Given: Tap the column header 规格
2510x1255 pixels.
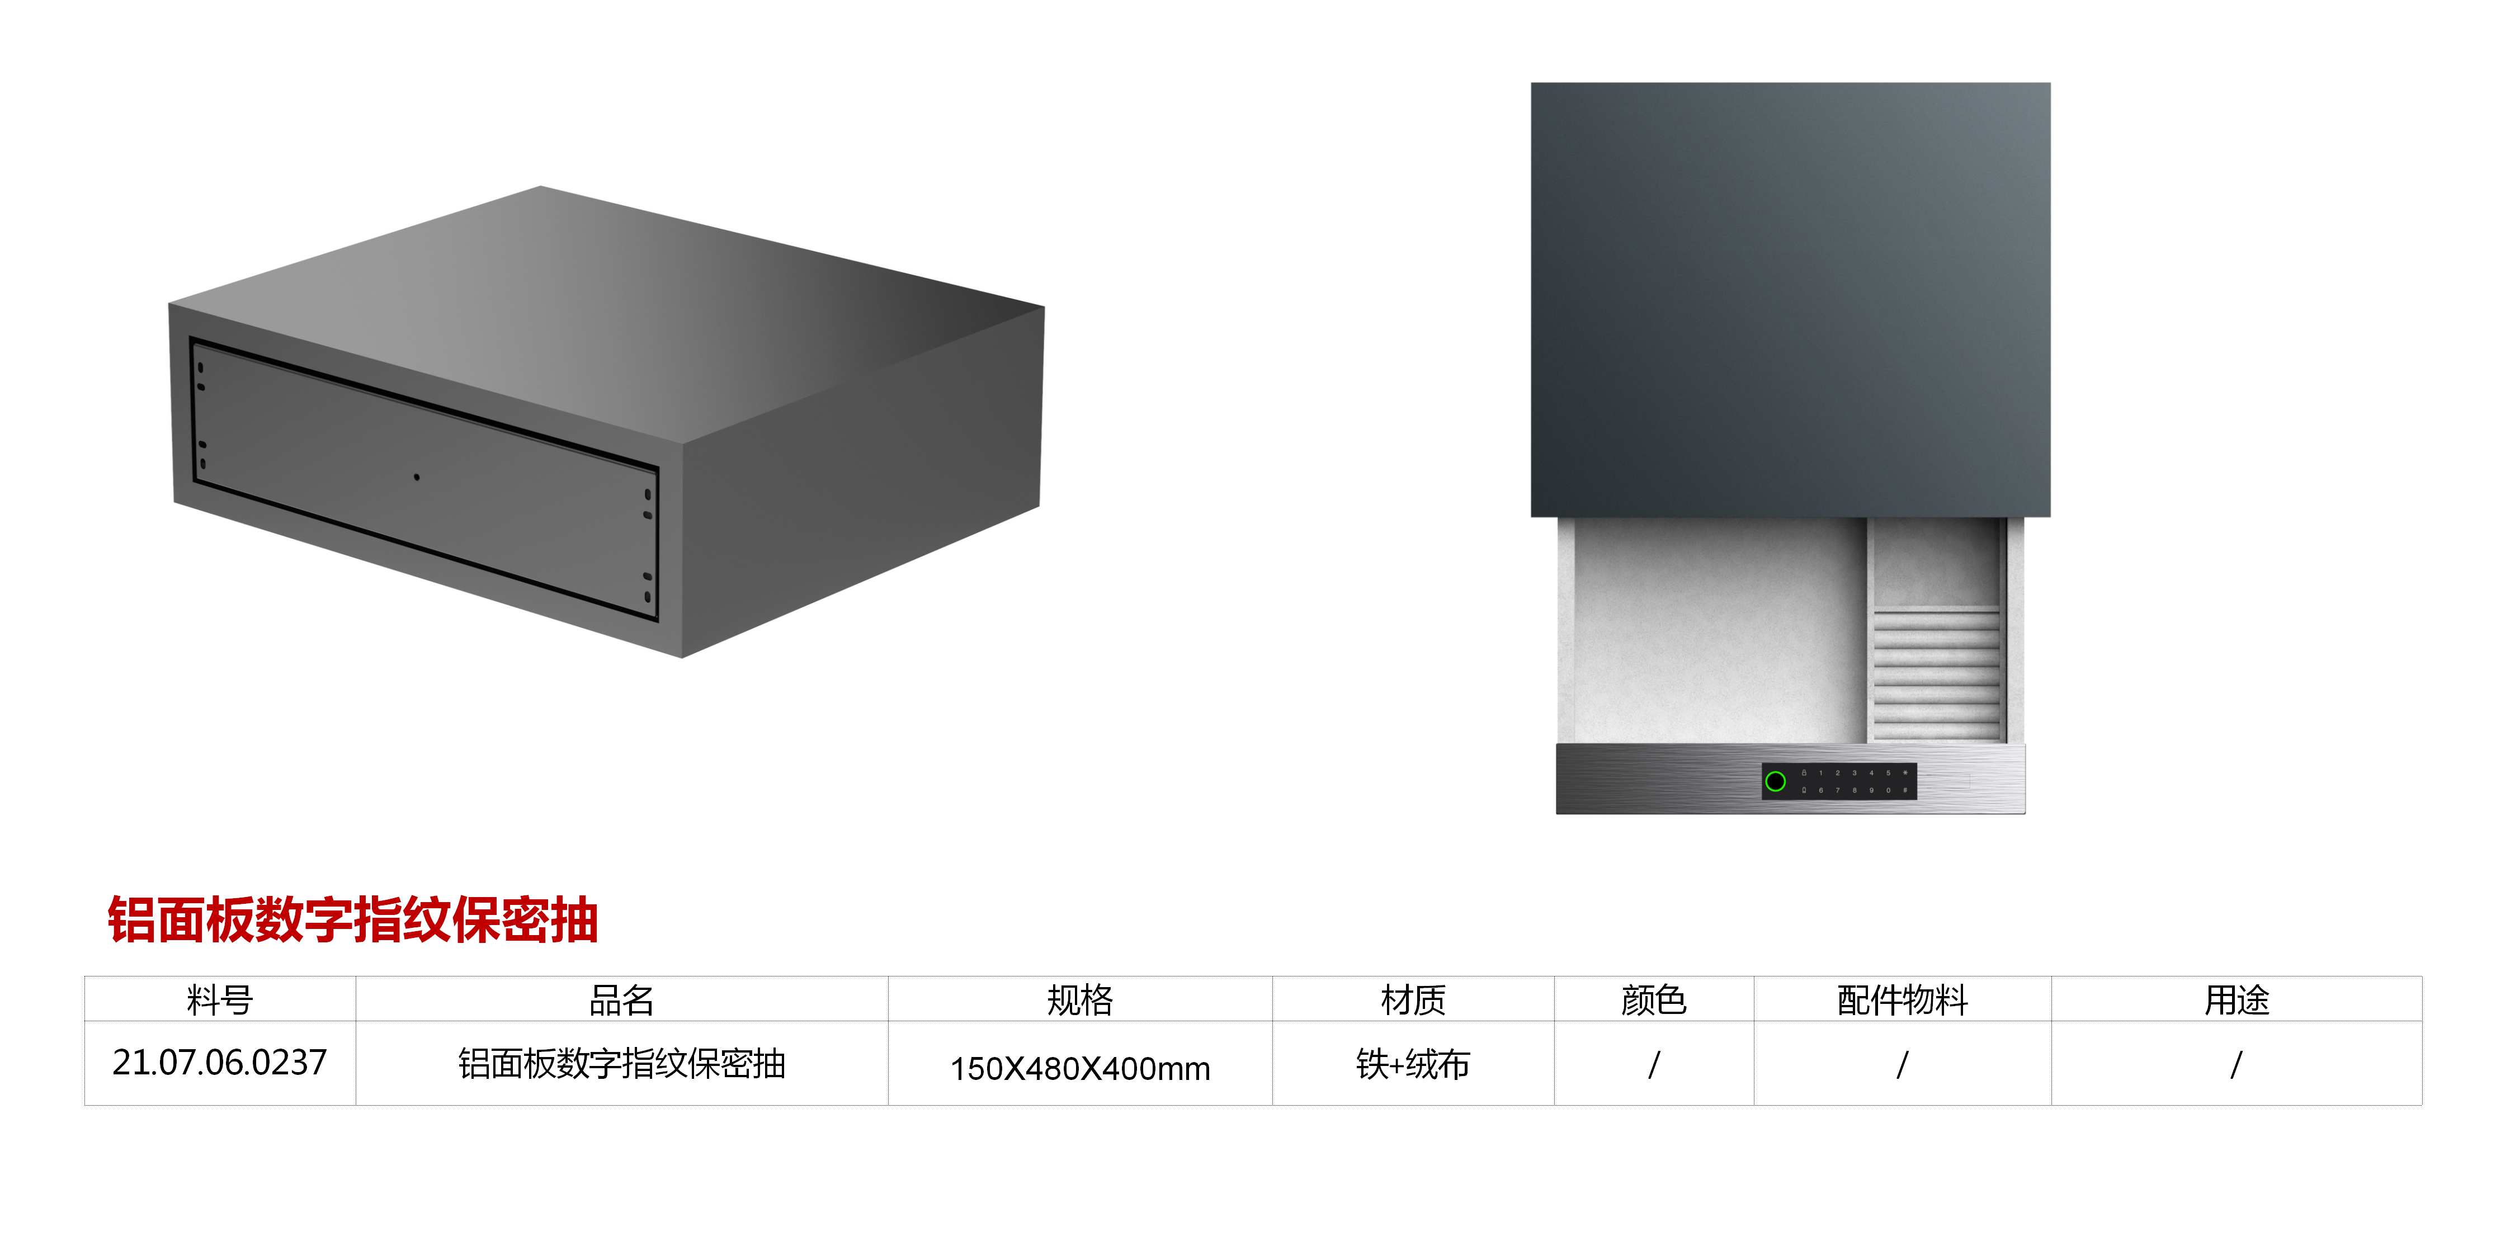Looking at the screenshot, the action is pyautogui.click(x=1079, y=1000).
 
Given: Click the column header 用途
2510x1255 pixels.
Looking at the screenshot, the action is pyautogui.click(x=2236, y=1000).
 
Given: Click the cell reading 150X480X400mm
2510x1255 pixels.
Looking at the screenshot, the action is pyautogui.click(x=1079, y=1068).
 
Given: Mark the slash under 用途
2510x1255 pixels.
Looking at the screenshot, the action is pyautogui.click(x=2236, y=1064).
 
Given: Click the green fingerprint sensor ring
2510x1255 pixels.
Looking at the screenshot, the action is pyautogui.click(x=1775, y=781).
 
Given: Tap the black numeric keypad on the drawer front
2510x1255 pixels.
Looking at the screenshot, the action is pyautogui.click(x=1851, y=781).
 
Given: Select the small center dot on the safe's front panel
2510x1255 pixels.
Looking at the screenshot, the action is pyautogui.click(x=417, y=476).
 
